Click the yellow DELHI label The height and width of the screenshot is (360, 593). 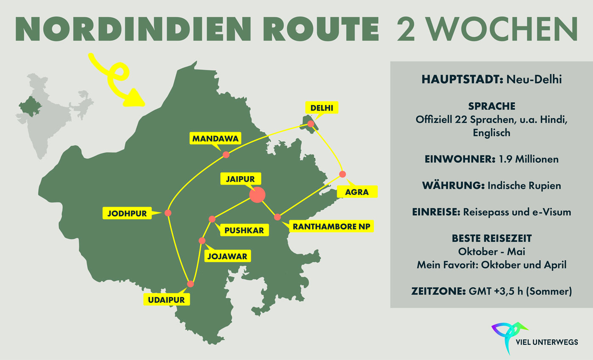point(322,108)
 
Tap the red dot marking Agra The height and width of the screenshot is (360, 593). point(343,174)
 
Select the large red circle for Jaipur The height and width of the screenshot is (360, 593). point(257,195)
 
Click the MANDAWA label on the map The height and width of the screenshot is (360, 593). point(211,138)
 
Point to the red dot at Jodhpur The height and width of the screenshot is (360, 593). point(168,213)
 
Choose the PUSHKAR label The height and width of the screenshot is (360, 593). point(244,230)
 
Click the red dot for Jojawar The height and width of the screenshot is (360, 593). point(202,241)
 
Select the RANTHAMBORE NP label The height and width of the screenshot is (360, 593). point(332,227)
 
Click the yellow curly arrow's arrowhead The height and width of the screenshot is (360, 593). point(136,98)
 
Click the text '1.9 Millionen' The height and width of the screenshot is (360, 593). point(531,159)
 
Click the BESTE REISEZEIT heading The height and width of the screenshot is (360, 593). point(491,238)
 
